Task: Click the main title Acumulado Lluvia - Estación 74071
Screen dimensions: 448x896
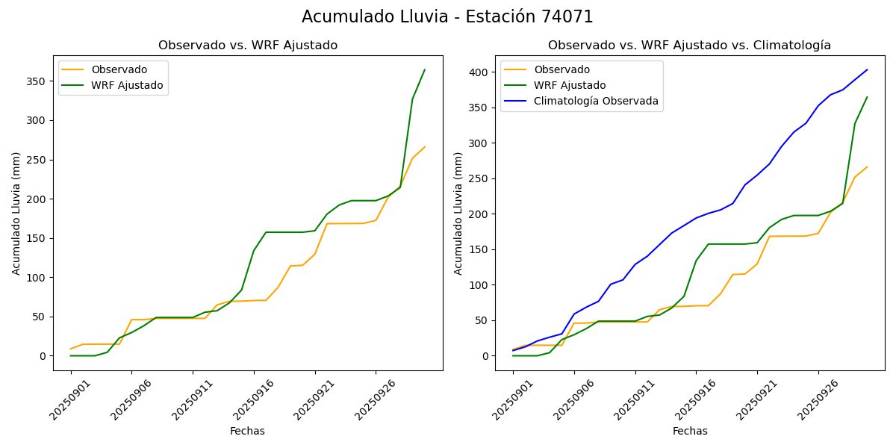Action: (447, 17)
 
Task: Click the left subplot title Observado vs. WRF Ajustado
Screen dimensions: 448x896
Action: (248, 46)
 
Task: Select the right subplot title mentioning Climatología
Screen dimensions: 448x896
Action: (689, 46)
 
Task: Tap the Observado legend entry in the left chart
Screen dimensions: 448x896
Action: (119, 69)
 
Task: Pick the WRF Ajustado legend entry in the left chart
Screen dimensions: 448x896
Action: (127, 85)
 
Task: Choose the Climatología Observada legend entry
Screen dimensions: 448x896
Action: (596, 102)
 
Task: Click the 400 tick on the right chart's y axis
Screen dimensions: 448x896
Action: (479, 72)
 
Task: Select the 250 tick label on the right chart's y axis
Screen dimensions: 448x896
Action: (479, 178)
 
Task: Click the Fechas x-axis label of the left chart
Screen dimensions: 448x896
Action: (247, 431)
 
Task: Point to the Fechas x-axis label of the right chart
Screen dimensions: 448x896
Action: (690, 431)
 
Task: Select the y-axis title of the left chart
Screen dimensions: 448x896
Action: (16, 213)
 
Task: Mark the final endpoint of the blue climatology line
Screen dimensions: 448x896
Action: (867, 70)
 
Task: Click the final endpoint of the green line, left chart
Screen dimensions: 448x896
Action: (425, 70)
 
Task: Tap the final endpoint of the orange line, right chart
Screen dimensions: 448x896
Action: (867, 167)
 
